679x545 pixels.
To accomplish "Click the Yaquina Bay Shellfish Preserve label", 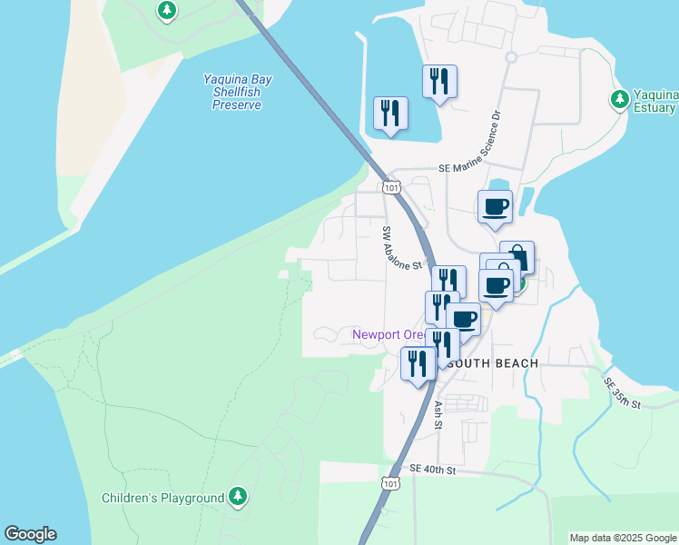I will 236,93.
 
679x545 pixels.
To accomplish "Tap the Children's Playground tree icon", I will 237,496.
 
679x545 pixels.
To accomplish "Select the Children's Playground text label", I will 162,498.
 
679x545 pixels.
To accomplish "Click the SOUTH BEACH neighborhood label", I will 493,363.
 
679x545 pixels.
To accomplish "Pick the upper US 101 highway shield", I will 390,187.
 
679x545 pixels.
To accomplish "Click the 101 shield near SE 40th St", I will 389,484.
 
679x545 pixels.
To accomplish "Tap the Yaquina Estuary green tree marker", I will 620,98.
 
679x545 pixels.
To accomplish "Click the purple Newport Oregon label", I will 389,334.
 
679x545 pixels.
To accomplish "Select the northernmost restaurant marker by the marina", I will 439,81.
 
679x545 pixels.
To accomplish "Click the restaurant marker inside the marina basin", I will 390,114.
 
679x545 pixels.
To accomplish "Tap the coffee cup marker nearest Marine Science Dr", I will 495,206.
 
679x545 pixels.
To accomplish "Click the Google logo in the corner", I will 30,534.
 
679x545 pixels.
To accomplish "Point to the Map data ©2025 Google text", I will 623,538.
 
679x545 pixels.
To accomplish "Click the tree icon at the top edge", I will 166,11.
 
